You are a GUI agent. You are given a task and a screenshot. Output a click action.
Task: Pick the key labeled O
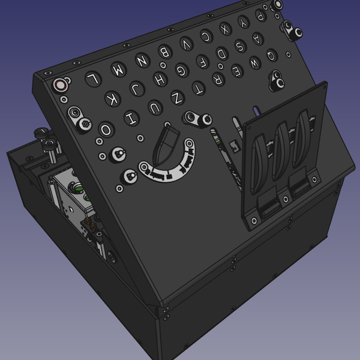pyautogui.click(x=106, y=130)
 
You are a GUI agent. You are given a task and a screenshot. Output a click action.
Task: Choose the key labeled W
pyautogui.click(x=254, y=61)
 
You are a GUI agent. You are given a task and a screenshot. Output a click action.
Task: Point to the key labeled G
pyautogui.click(x=181, y=70)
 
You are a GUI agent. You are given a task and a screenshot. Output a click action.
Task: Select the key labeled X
pyautogui.click(x=225, y=28)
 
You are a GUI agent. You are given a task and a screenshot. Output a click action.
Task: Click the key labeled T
pyautogui.click(x=197, y=89)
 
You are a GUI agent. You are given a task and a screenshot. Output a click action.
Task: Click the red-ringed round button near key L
pyautogui.click(x=61, y=85)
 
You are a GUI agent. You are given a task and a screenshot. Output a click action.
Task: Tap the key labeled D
pyautogui.click(x=221, y=55)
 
